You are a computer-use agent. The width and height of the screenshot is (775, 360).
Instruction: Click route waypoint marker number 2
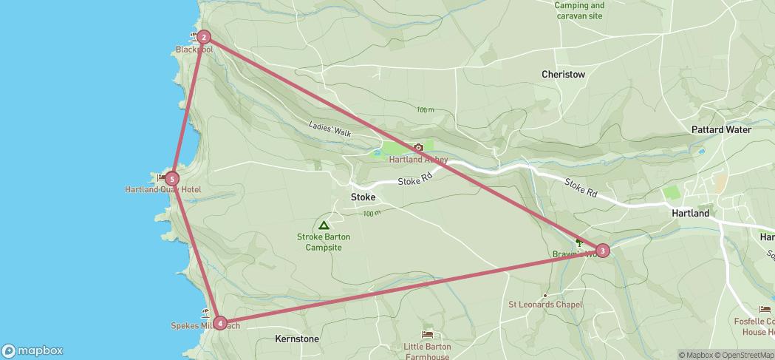pyautogui.click(x=203, y=37)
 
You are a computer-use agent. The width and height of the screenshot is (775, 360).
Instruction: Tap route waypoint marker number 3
pyautogui.click(x=603, y=251)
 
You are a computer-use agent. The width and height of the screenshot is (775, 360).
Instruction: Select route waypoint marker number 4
pyautogui.click(x=219, y=322)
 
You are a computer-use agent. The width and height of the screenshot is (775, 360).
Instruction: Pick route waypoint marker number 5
pyautogui.click(x=171, y=178)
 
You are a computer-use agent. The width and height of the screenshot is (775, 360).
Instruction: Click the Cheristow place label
pyautogui.click(x=563, y=75)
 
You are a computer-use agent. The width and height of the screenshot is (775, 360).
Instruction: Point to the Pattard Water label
pyautogui.click(x=721, y=129)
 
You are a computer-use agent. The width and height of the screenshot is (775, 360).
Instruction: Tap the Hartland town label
pyautogui.click(x=690, y=213)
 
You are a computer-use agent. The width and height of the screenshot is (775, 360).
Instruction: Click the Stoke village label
pyautogui.click(x=363, y=197)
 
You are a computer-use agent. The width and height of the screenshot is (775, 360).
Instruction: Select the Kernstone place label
pyautogui.click(x=296, y=339)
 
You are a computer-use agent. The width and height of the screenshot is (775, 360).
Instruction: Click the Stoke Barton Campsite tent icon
pyautogui.click(x=323, y=225)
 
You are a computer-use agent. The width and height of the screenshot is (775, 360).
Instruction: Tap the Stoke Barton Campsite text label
pyautogui.click(x=324, y=242)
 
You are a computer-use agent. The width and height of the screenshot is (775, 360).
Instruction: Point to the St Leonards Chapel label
pyautogui.click(x=545, y=305)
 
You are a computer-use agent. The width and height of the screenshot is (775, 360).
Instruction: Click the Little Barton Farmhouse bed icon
pyautogui.click(x=427, y=335)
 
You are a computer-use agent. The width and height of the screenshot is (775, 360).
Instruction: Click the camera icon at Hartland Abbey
pyautogui.click(x=418, y=148)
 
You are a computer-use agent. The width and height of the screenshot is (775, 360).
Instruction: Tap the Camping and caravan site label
pyautogui.click(x=579, y=10)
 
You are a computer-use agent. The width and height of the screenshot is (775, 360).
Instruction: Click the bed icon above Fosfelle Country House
pyautogui.click(x=764, y=310)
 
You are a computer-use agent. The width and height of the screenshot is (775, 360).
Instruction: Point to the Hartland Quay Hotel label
pyautogui.click(x=163, y=190)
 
